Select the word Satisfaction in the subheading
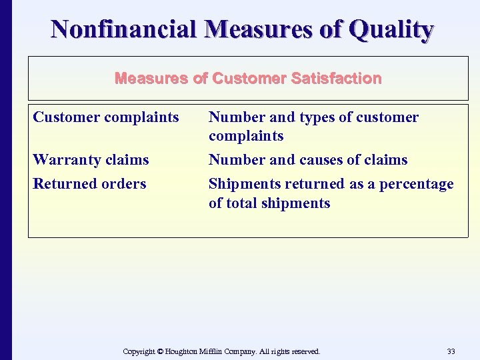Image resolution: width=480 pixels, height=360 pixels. click(x=336, y=79)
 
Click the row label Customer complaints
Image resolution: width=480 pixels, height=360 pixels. click(x=106, y=117)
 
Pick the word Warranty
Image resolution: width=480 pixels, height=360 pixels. click(x=66, y=160)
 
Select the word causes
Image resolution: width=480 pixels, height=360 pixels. click(x=328, y=160)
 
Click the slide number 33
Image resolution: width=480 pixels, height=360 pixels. click(x=451, y=351)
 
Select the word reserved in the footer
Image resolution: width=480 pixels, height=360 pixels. click(x=304, y=351)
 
